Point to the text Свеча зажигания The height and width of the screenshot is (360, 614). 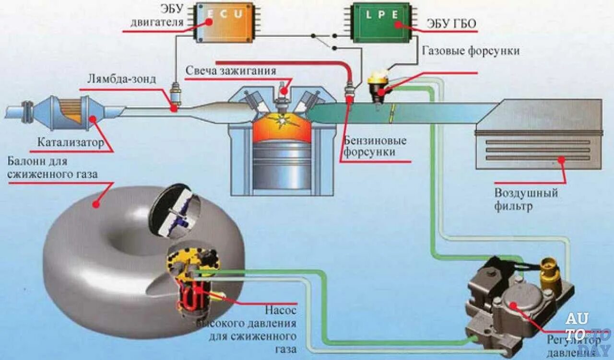click(231, 71)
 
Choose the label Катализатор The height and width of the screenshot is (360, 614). click(71, 142)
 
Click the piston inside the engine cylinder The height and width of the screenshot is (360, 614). click(282, 163)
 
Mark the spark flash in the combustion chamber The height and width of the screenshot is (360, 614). click(283, 119)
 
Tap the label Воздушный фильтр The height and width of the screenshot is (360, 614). click(526, 200)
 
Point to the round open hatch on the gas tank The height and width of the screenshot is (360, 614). click(175, 210)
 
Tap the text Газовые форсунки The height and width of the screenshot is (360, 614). click(470, 50)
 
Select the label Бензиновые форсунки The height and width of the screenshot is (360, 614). click(375, 146)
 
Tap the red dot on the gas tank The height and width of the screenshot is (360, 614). click(96, 204)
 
